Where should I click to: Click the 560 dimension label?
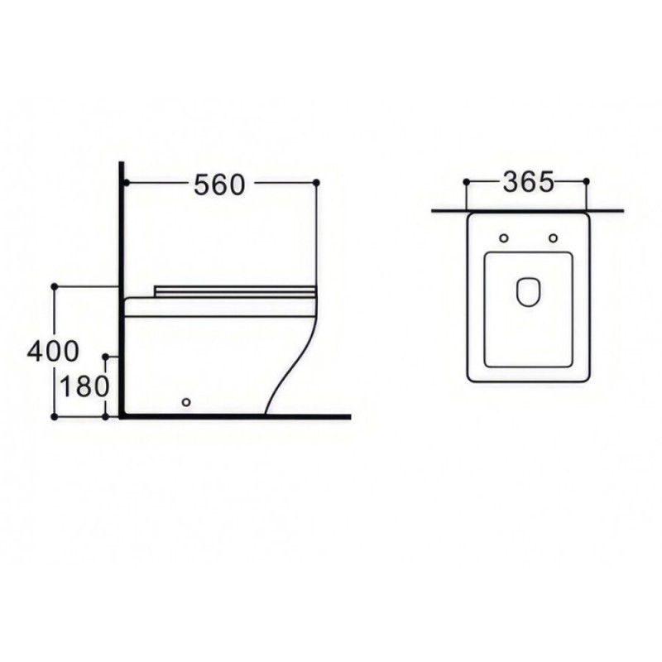point(219,185)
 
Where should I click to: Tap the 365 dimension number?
point(528,182)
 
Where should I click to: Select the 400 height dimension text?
point(53,351)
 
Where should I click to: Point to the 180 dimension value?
point(85,386)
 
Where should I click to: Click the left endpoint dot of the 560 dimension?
point(126,183)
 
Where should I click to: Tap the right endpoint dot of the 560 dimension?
point(317,182)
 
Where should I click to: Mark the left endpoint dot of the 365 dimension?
point(466,181)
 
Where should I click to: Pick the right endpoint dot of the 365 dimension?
point(586,181)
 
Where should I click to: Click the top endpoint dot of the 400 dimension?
point(54,286)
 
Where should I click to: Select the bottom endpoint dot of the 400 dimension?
point(54,417)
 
